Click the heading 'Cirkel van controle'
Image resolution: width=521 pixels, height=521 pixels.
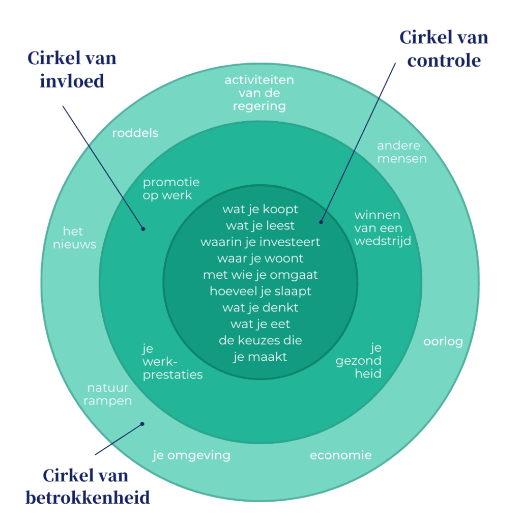444,49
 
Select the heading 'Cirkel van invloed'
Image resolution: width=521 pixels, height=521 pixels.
72,69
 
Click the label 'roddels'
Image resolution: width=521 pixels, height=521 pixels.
135,133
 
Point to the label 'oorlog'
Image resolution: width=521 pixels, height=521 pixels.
443,341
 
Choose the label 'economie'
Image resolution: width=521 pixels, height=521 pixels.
340,455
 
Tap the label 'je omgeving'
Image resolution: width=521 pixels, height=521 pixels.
191,455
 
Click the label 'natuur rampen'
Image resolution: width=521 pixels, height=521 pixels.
107,394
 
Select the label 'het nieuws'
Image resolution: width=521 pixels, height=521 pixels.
79,238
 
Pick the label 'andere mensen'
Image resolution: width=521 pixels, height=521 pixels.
401,152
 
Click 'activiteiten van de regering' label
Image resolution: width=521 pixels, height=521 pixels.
259,93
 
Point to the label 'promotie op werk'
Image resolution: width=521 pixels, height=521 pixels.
171,188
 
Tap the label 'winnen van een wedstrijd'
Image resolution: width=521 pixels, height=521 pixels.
382,228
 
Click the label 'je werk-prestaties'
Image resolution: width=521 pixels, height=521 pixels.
172,362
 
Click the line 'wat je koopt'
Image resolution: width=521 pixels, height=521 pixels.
260,209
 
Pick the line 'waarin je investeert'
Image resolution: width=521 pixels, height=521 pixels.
260,242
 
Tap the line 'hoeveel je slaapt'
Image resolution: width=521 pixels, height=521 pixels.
260,291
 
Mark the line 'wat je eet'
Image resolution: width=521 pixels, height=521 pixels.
260,324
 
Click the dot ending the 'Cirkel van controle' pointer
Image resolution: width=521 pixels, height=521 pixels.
321,222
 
